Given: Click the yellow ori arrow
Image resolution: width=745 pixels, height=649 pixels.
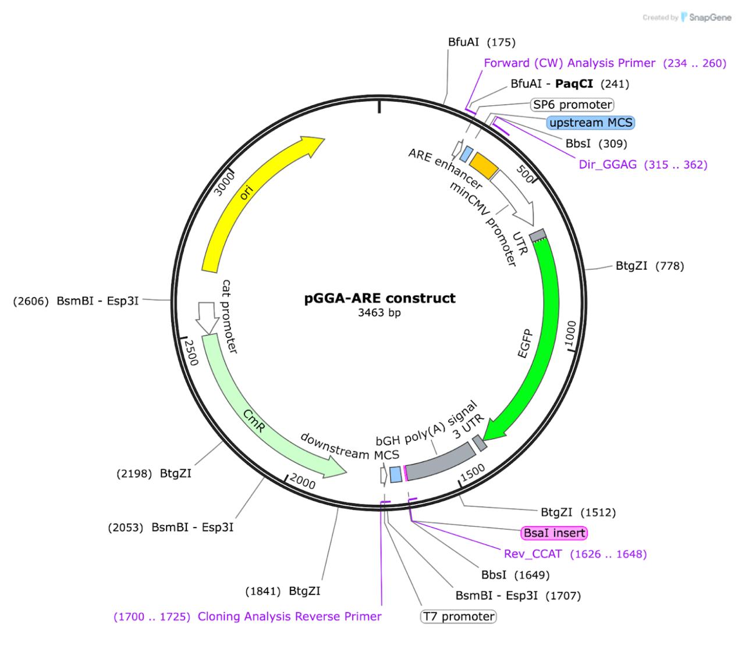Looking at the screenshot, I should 244,198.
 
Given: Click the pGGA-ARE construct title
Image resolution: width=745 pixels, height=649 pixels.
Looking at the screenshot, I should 380,298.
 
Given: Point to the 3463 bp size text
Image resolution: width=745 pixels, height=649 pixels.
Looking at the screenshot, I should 379,313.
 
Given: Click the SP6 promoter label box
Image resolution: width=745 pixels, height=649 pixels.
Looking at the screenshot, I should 573,105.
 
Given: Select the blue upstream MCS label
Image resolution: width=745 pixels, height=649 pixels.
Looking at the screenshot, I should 591,123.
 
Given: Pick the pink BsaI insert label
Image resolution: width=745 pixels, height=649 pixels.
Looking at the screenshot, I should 554,533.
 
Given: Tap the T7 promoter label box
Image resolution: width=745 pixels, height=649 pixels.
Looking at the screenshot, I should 459,616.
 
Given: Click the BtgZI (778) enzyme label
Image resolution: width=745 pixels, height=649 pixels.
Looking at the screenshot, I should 650,266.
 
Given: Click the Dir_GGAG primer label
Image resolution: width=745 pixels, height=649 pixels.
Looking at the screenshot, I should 643,165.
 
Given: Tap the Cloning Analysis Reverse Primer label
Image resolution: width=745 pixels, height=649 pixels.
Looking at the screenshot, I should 248,616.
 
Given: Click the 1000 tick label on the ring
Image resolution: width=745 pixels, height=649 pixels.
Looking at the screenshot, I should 570,333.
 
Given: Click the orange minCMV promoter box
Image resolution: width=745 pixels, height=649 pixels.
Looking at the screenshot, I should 484,165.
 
